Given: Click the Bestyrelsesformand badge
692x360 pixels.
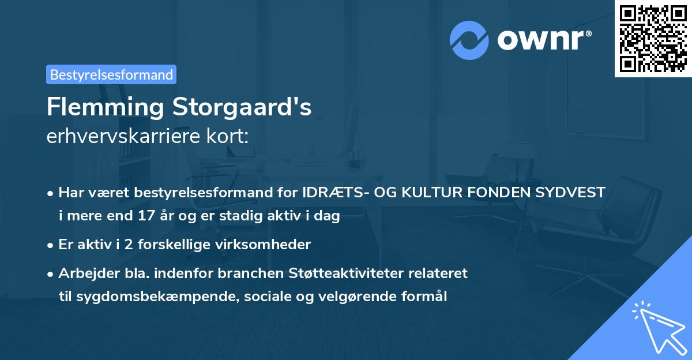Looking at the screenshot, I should tap(111, 74).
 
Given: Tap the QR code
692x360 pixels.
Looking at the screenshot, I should tap(653, 38).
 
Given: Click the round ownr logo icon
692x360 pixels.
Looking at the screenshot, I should tap(469, 40).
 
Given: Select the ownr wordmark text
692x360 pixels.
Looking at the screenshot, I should tap(544, 40).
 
